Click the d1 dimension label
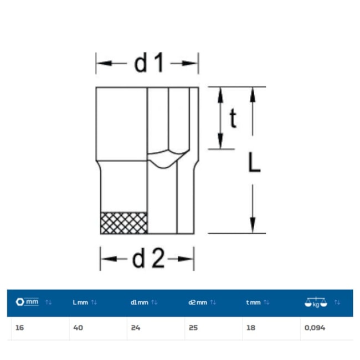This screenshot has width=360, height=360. pos(149,63)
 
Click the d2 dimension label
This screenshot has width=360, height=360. pos(148,258)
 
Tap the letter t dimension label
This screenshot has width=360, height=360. pos(233,118)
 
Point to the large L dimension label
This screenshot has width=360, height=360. pos(254,162)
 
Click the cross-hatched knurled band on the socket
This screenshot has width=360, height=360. pos(124,223)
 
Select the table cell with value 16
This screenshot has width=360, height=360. pos(19,328)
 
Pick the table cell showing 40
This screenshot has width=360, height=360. pos(78,328)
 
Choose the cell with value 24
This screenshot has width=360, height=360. pos(136,328)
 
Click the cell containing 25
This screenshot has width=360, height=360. pos(193,328)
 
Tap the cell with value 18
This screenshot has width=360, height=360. pos(251,328)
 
